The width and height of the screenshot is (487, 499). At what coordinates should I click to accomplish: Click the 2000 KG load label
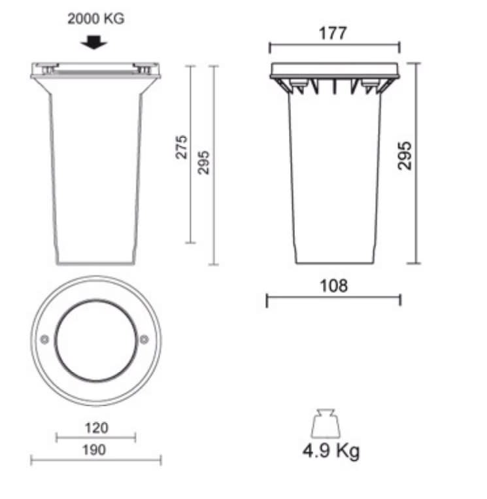[95, 19]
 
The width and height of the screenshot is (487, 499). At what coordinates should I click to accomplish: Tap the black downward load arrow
[93, 43]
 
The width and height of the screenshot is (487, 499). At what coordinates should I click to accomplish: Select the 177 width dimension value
[333, 33]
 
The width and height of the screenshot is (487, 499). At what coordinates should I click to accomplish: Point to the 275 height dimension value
[182, 147]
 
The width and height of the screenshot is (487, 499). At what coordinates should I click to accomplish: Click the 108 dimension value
[333, 285]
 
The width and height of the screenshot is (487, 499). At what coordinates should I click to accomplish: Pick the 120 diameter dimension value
[96, 428]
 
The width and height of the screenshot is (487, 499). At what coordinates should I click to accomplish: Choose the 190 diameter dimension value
[94, 450]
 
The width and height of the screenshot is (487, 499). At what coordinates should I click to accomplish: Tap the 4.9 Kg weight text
[331, 451]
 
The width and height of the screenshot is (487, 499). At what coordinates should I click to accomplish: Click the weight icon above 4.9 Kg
[326, 423]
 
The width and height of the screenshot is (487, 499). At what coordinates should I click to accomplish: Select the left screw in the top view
[44, 339]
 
